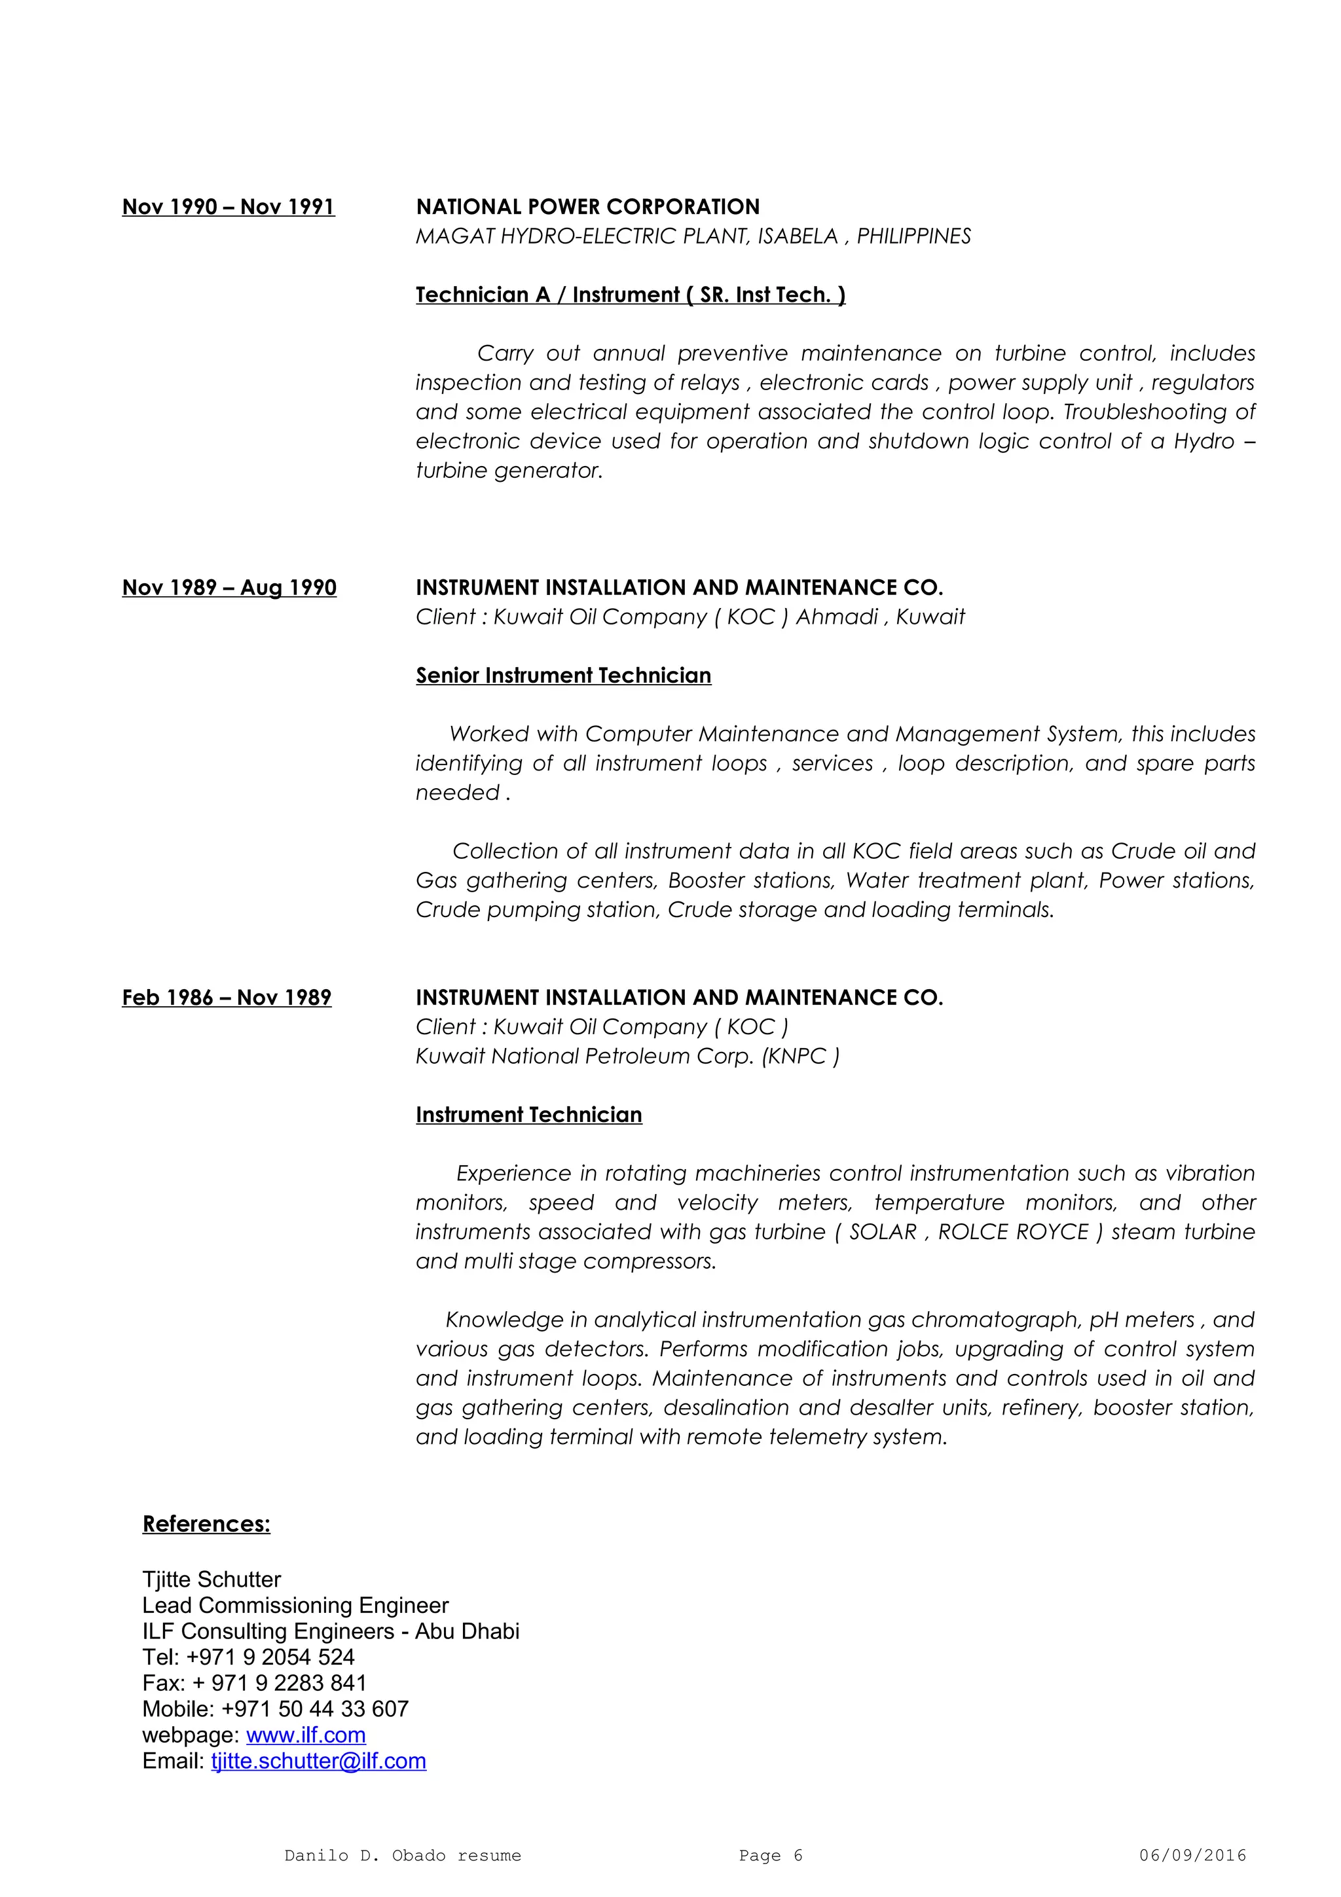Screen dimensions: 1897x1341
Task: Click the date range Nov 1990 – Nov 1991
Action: click(228, 207)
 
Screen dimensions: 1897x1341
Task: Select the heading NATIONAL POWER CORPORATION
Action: click(587, 207)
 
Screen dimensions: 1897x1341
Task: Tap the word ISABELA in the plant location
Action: click(798, 236)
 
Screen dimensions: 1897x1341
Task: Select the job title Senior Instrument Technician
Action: click(562, 676)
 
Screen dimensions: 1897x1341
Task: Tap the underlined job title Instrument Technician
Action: click(529, 1115)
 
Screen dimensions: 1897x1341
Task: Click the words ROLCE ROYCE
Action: click(1013, 1232)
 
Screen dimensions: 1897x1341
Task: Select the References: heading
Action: click(206, 1525)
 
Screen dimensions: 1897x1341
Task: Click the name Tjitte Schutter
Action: click(211, 1580)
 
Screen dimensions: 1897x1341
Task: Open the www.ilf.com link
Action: click(306, 1735)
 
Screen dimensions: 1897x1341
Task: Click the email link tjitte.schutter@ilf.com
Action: click(318, 1761)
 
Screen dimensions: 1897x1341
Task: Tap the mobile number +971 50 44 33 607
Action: click(315, 1708)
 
